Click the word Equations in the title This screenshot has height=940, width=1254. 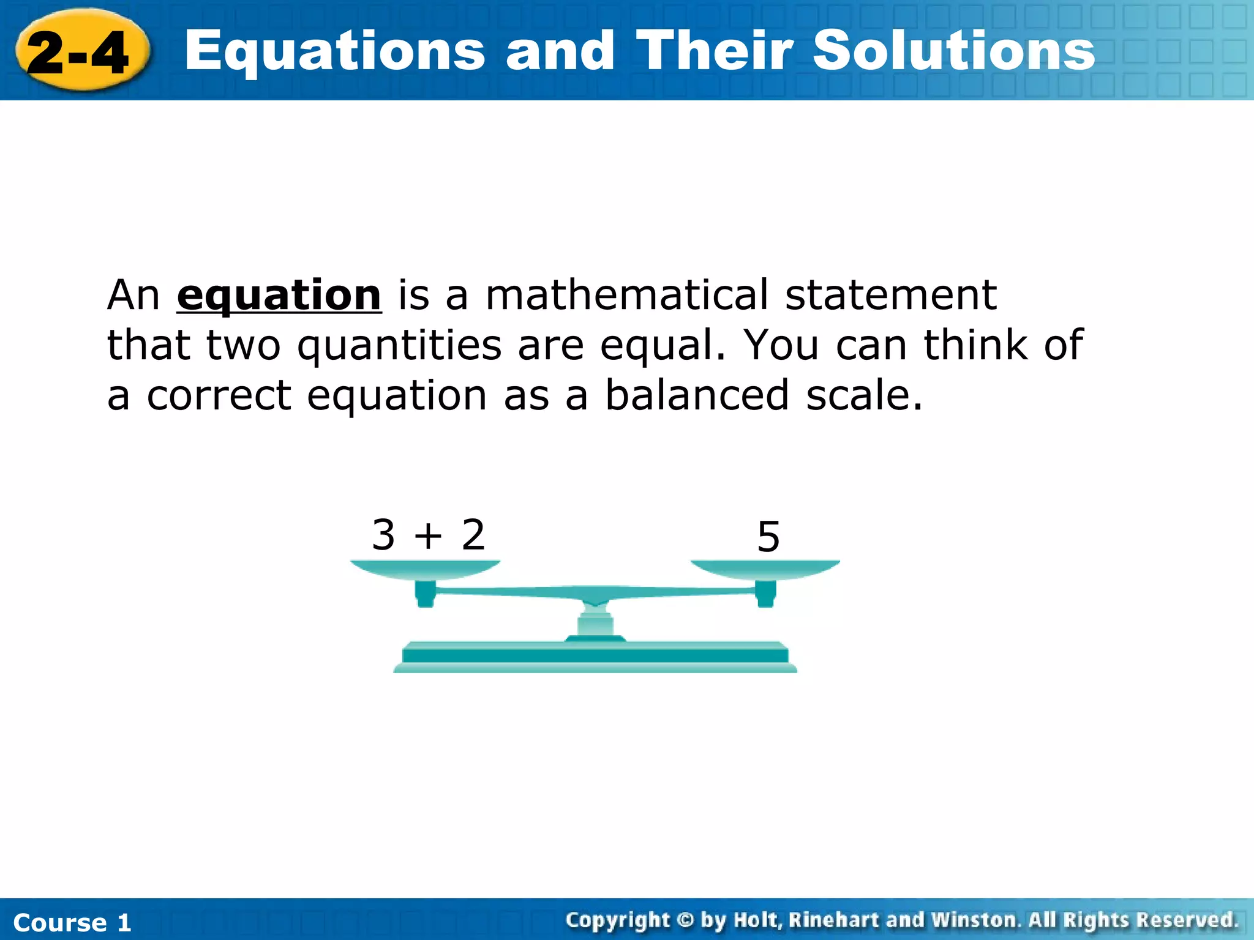tap(334, 52)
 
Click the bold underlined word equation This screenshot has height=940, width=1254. tap(279, 296)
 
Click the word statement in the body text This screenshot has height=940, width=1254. tap(891, 295)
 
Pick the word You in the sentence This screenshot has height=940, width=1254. tap(781, 345)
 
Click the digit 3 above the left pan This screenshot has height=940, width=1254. tap(383, 535)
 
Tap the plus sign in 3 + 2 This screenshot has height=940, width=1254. tap(428, 536)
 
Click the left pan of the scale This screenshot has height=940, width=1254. tap(425, 569)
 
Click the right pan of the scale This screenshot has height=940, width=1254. tap(765, 569)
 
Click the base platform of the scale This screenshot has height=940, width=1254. tap(595, 656)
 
